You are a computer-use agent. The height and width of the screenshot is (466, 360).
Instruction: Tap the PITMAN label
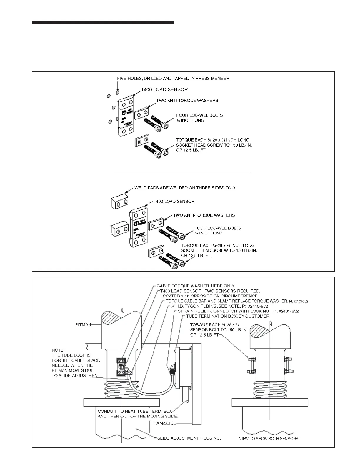(x=83, y=325)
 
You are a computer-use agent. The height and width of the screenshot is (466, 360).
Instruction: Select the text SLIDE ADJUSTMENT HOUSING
(x=189, y=438)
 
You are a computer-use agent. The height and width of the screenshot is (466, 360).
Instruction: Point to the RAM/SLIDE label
(x=165, y=423)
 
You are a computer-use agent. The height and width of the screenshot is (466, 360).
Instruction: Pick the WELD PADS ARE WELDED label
(x=185, y=188)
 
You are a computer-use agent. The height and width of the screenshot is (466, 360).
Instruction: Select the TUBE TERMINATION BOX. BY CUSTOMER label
(x=228, y=316)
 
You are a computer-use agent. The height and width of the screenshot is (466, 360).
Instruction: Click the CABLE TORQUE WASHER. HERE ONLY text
(x=196, y=286)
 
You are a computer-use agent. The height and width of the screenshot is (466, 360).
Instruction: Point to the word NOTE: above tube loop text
(x=58, y=350)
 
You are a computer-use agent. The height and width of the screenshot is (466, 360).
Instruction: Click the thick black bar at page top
(x=103, y=22)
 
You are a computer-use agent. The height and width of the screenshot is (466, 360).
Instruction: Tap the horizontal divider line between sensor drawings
(x=182, y=171)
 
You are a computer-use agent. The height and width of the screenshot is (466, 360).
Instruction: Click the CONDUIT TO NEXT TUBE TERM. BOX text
(x=135, y=411)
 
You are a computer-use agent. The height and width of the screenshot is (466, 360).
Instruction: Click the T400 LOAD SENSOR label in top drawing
(x=164, y=89)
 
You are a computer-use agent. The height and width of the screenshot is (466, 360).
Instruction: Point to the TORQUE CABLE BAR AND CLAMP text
(x=226, y=301)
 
